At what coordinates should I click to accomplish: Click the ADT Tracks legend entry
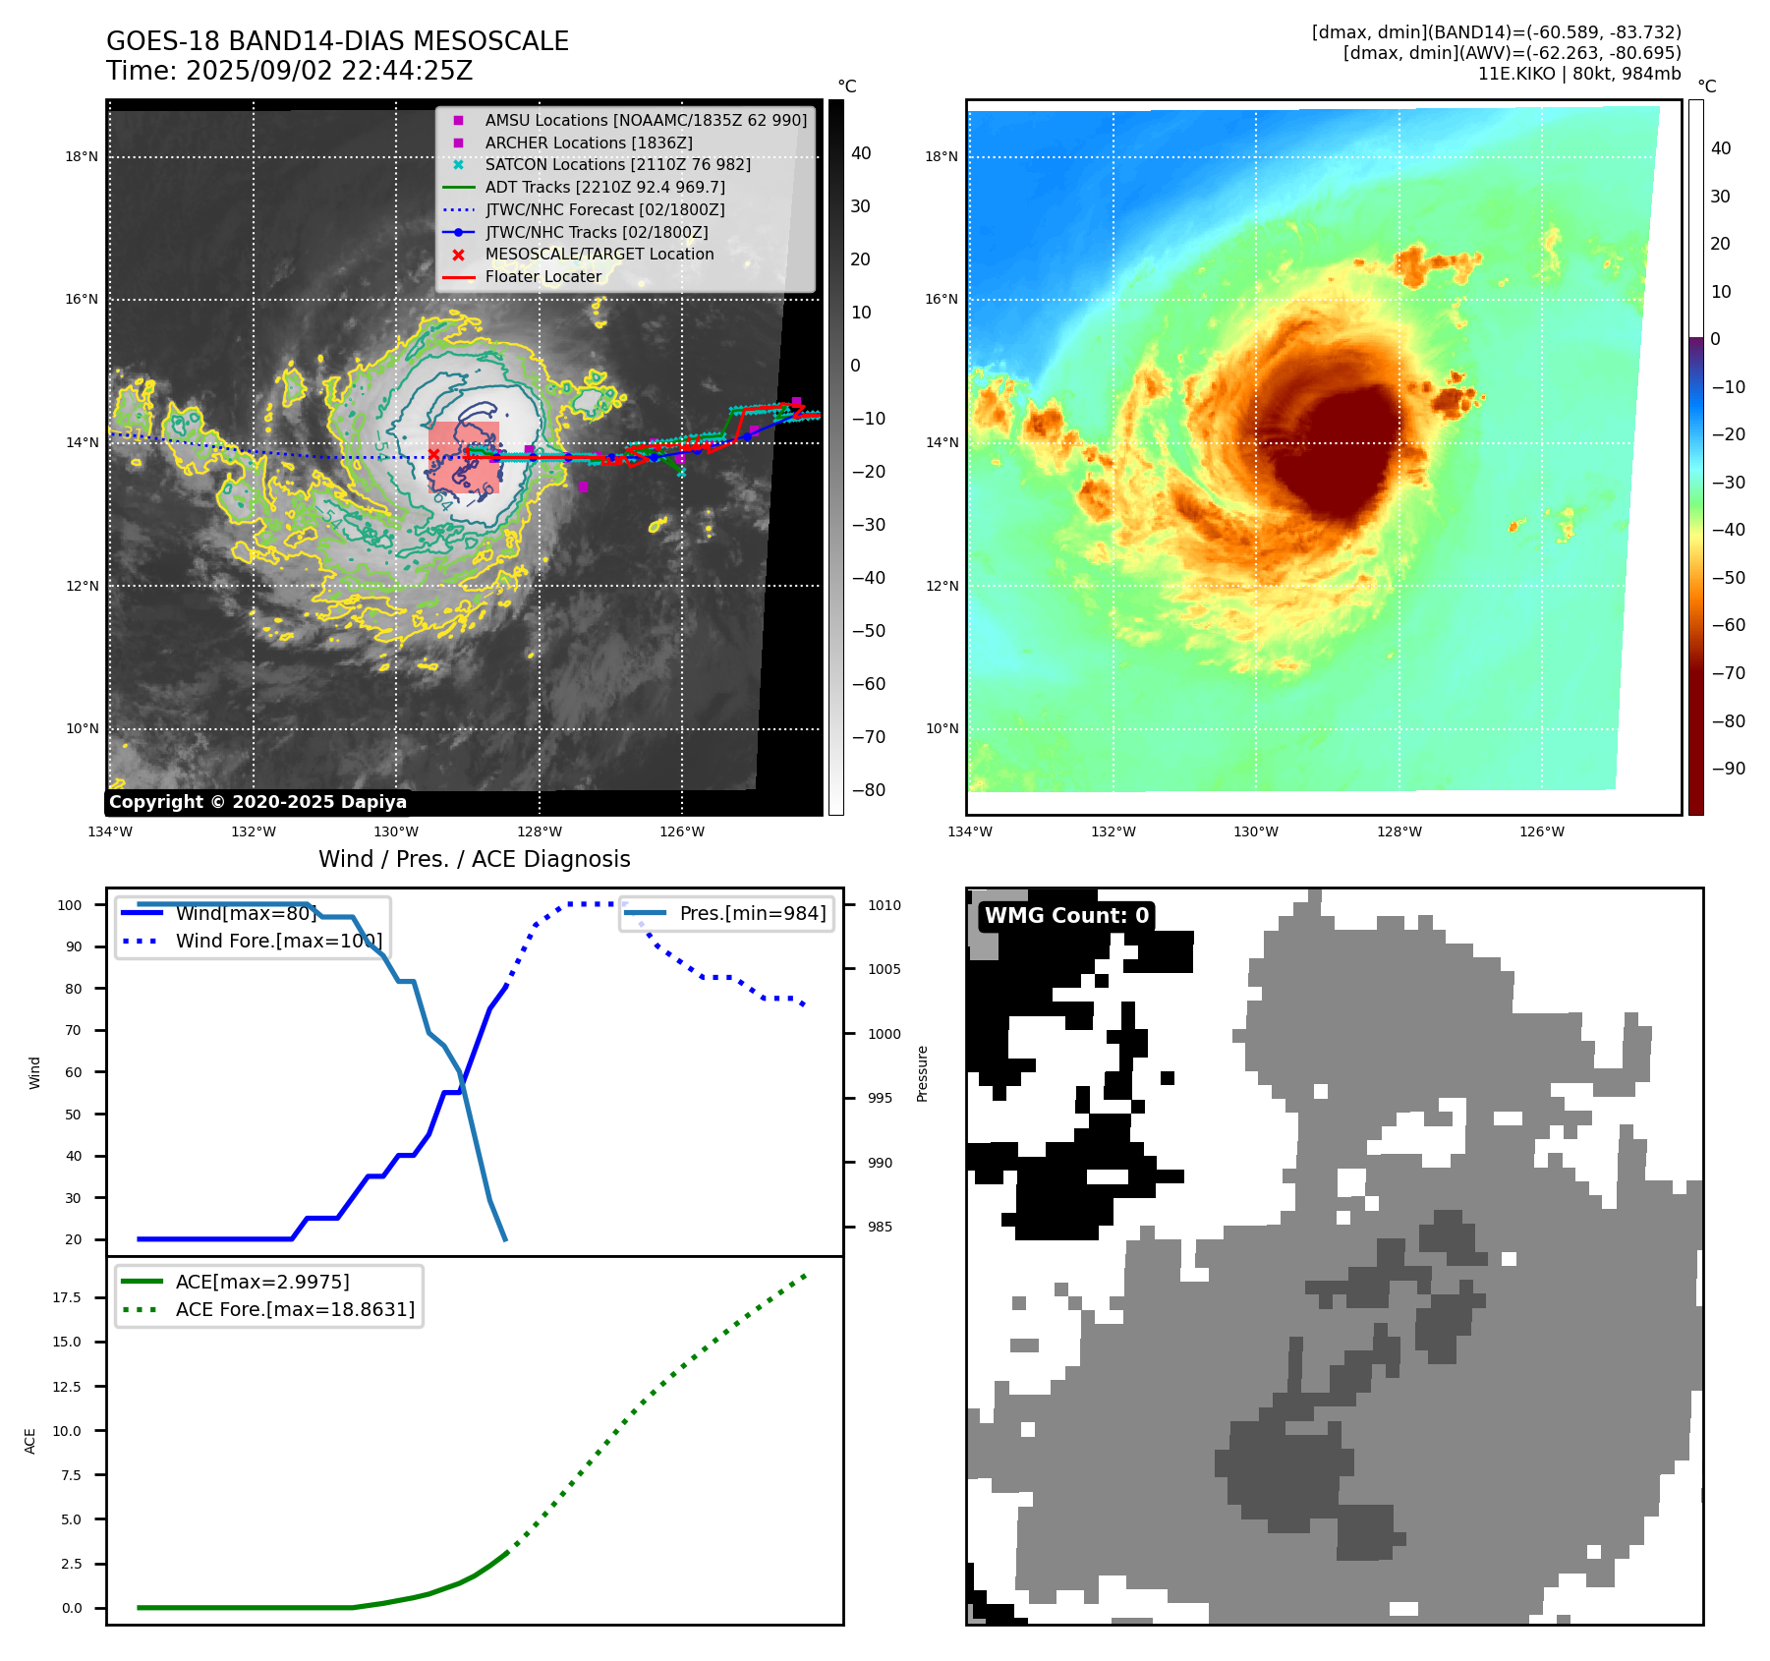point(604,187)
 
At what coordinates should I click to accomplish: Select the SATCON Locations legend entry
point(617,164)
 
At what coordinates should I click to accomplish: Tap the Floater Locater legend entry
point(542,276)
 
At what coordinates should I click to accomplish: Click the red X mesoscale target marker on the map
point(433,454)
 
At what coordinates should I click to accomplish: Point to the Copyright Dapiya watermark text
point(257,802)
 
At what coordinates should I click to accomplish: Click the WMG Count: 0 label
point(1066,916)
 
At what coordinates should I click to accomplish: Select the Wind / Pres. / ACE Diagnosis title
point(474,859)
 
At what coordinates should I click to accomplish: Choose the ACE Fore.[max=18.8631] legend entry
point(295,1309)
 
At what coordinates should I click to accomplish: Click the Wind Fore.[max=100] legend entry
point(278,941)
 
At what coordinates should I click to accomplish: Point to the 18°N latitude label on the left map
point(82,156)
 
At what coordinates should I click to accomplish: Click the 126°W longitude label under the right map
point(1541,831)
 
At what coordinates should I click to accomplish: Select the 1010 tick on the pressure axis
point(884,905)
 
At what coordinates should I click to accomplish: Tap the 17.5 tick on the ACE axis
point(67,1297)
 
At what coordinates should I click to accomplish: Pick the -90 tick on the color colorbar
point(1728,769)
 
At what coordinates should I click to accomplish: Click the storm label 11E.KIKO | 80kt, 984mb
point(1578,74)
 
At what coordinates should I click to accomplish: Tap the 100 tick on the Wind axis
point(70,905)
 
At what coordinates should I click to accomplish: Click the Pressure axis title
point(922,1073)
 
